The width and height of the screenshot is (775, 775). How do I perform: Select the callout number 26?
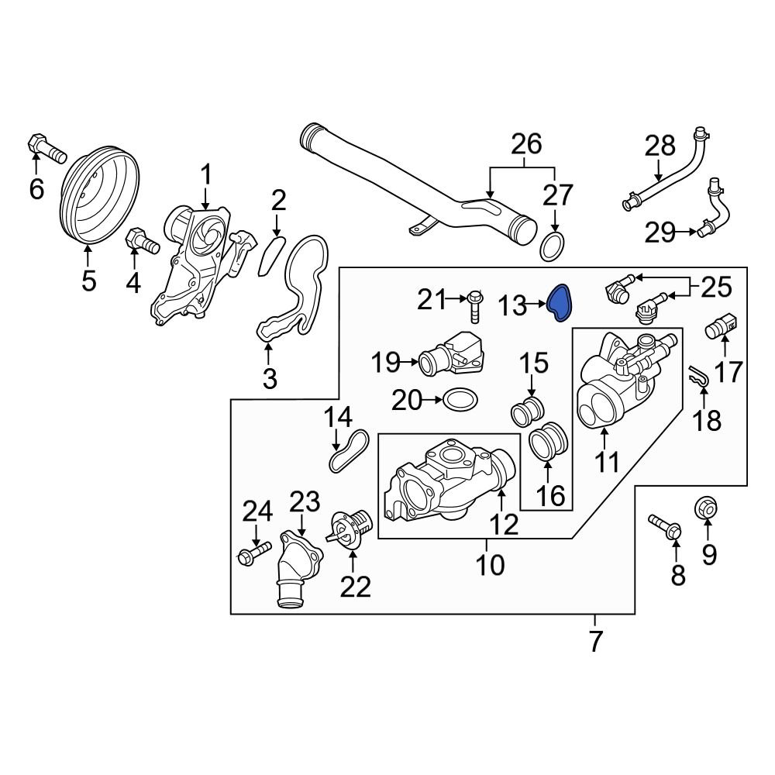tap(525, 144)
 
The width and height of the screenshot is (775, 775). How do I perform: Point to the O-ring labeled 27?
tap(551, 246)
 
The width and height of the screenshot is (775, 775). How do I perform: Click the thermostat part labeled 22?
tap(347, 531)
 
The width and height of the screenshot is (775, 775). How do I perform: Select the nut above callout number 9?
tap(706, 508)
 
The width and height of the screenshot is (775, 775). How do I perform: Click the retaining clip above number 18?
tap(700, 377)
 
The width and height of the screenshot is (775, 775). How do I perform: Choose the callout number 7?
tap(595, 642)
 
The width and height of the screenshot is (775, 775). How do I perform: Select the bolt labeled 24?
tap(254, 552)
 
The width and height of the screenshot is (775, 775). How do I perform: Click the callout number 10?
tap(489, 565)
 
